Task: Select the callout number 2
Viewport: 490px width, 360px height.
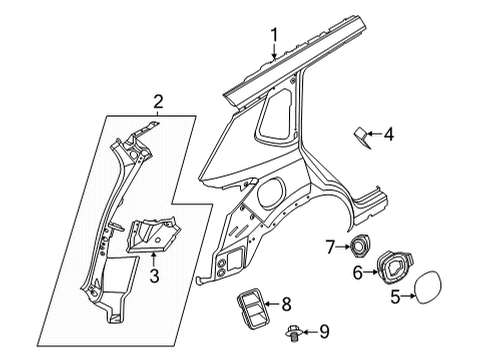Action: [156, 101]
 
